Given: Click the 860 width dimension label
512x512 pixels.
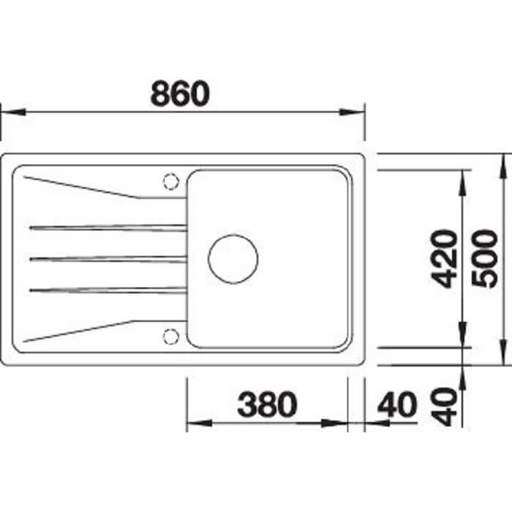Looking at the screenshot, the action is click(180, 94).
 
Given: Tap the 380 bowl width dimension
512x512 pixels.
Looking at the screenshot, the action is click(268, 404).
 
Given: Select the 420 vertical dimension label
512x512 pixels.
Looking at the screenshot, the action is click(443, 259).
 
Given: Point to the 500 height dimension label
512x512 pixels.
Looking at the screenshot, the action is click(484, 259).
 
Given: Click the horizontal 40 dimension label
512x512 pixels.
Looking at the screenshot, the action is click(397, 404).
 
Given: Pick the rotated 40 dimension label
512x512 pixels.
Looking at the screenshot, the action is click(443, 407).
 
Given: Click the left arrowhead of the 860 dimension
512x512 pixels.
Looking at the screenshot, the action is click(13, 112).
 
